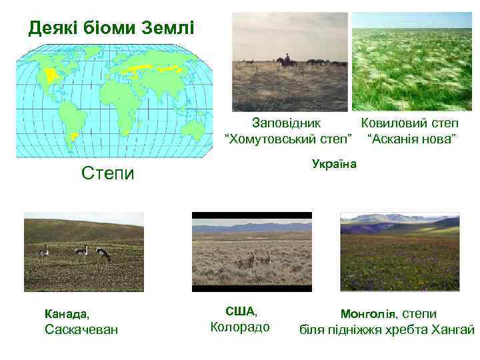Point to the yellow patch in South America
[x=75, y=136]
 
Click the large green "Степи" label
[x=107, y=174]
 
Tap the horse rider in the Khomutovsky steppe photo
[x=287, y=60]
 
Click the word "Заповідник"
[x=285, y=123]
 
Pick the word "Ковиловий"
[x=387, y=123]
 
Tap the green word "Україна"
[x=334, y=164]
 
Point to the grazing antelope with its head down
[x=104, y=254]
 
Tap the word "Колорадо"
[x=240, y=327]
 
